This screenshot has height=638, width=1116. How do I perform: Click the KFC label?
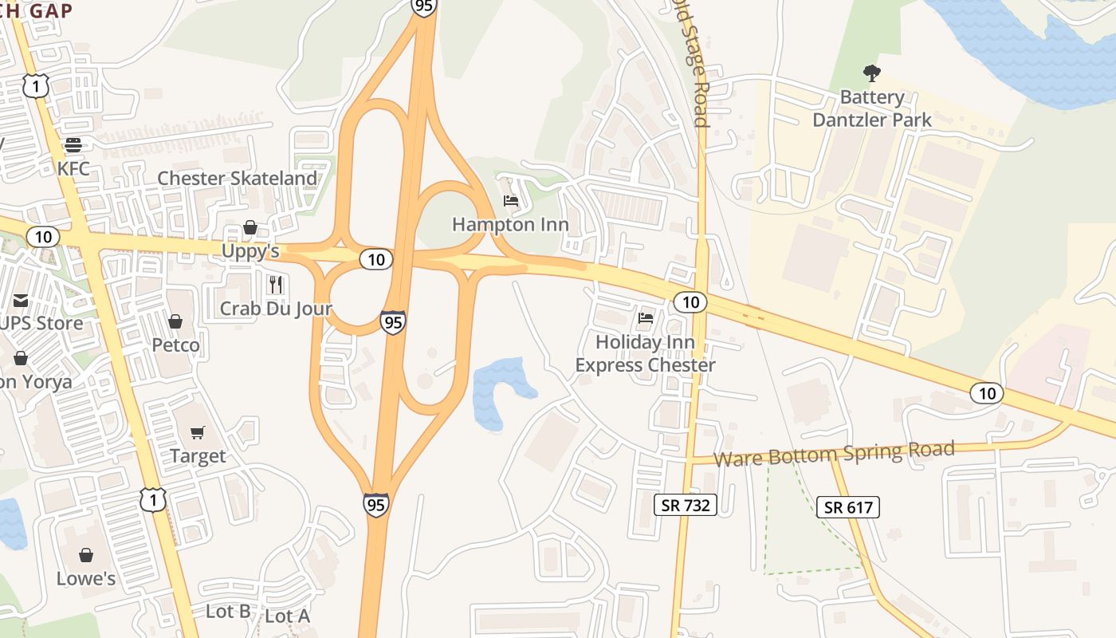tap(73, 169)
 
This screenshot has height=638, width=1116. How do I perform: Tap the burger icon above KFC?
tap(73, 145)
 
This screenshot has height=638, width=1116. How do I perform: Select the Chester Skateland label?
tap(238, 178)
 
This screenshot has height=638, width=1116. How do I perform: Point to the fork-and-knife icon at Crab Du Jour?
tap(276, 284)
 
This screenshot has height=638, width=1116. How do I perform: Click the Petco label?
tap(176, 345)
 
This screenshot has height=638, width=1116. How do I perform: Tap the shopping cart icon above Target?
tap(198, 432)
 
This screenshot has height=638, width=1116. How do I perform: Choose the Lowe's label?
tap(86, 578)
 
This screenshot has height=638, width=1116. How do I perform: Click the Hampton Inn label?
tap(510, 224)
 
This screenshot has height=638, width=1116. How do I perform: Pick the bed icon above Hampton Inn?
tap(511, 200)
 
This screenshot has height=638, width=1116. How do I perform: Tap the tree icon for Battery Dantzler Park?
tap(872, 73)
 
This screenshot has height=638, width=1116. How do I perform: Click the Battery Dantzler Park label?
tap(872, 109)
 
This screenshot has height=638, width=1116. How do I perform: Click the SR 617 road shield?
tap(848, 506)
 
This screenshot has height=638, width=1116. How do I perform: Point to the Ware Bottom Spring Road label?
tap(834, 454)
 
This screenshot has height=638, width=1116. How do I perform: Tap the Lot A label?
tap(287, 616)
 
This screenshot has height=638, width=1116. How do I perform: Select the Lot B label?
tap(228, 612)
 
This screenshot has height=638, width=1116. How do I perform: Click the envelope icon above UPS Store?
tap(21, 301)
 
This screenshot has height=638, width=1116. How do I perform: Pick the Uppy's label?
tap(250, 251)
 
